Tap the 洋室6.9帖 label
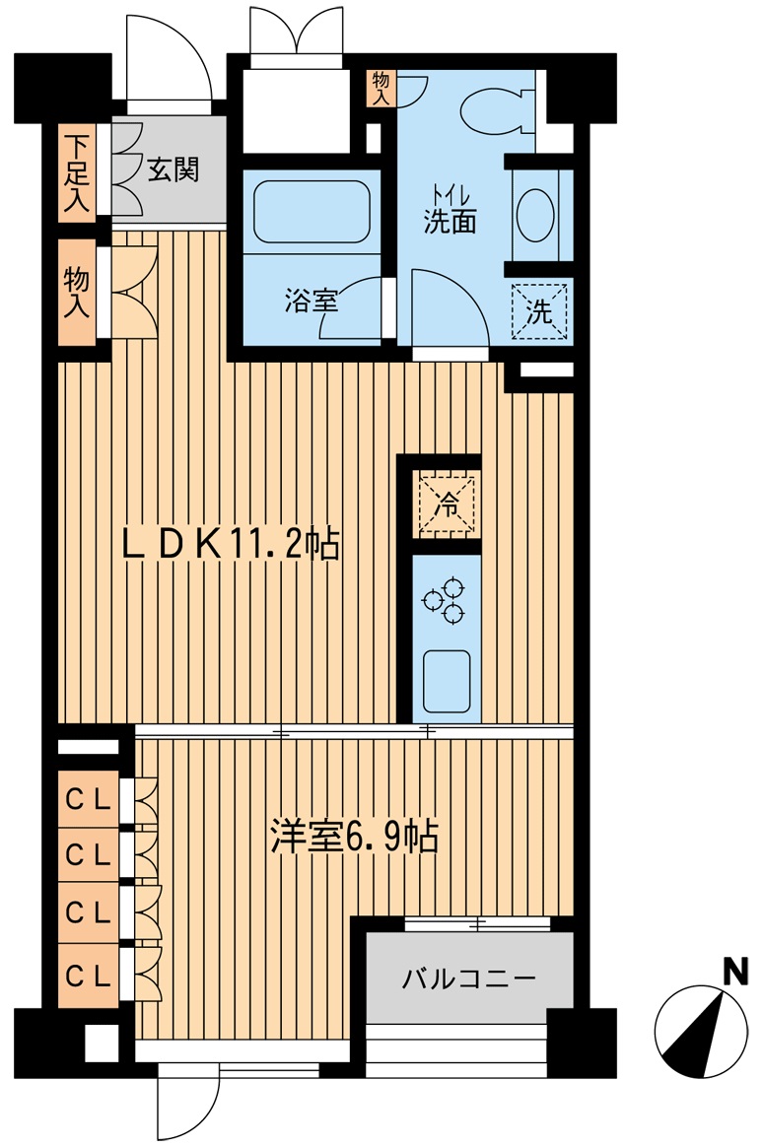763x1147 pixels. (x=355, y=837)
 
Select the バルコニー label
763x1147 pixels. (x=469, y=978)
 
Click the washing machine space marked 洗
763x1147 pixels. (x=540, y=311)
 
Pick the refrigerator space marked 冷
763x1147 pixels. (x=447, y=504)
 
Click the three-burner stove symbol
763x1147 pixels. (x=444, y=600)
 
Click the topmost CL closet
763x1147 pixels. (x=89, y=799)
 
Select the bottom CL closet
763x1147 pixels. (x=89, y=976)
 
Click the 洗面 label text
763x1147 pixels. (x=450, y=221)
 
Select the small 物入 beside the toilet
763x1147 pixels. (x=381, y=89)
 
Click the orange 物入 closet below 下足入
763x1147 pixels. (x=77, y=293)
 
